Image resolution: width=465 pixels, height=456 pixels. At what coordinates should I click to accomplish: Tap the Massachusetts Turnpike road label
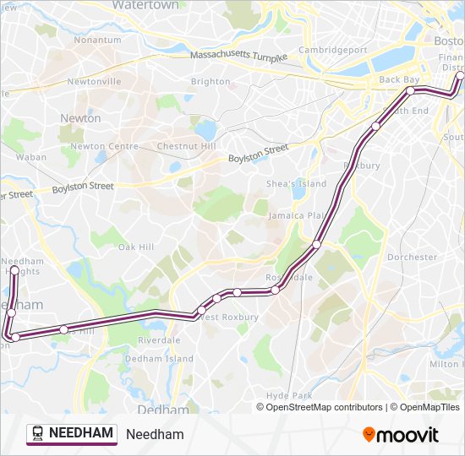tap(238, 56)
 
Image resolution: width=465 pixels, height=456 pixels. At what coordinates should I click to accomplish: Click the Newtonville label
tap(94, 82)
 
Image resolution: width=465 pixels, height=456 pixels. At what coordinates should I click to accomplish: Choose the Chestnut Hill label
tap(187, 146)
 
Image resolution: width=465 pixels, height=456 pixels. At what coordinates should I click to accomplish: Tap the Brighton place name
tap(211, 82)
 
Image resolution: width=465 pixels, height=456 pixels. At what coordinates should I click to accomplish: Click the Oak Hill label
tap(135, 247)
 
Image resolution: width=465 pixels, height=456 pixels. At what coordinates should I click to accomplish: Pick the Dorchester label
tap(412, 257)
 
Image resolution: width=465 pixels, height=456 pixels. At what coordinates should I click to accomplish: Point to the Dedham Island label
tap(159, 359)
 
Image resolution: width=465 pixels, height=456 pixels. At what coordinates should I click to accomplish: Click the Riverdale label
tap(159, 340)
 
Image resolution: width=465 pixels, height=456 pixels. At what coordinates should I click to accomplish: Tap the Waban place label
tap(31, 157)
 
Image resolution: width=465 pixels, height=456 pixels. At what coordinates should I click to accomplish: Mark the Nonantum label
tap(97, 40)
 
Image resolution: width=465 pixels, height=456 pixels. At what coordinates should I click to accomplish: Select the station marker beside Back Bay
tap(410, 90)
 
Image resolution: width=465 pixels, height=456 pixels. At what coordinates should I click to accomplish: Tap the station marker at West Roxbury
tap(201, 312)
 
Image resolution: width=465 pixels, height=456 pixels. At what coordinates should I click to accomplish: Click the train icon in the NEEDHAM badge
tap(38, 434)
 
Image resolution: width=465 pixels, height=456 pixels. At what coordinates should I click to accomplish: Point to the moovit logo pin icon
tap(369, 435)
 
